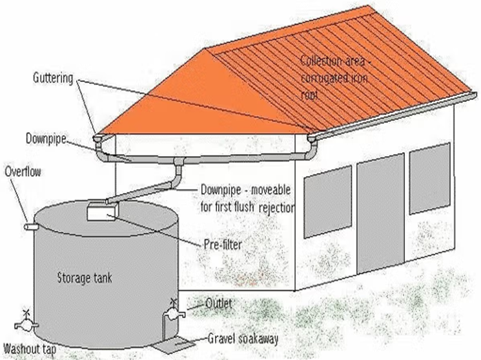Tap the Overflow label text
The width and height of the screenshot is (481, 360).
click(x=22, y=172)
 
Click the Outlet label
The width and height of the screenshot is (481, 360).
click(x=219, y=303)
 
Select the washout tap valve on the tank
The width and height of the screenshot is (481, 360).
click(x=26, y=321)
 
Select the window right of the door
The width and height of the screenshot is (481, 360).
click(x=429, y=177)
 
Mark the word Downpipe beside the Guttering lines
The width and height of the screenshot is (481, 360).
click(x=46, y=139)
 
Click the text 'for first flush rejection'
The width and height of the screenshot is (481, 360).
click(x=248, y=208)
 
